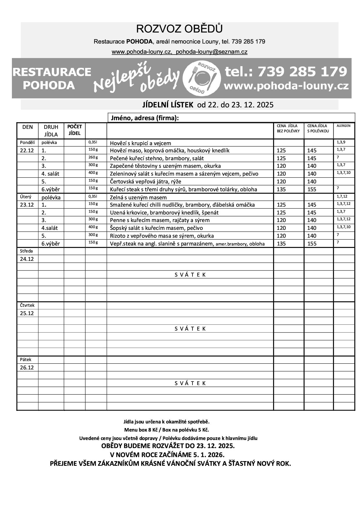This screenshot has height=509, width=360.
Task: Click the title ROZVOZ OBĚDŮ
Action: coord(179,29)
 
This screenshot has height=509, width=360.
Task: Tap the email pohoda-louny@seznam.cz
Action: coord(212,52)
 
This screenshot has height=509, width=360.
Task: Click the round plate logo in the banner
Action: coord(202,78)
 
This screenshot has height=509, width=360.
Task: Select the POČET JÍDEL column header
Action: coord(75,130)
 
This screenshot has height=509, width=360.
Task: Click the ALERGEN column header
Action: coord(343,126)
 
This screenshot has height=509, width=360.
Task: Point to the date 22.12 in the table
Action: coord(27,151)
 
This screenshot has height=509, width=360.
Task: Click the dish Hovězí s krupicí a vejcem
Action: coord(141,143)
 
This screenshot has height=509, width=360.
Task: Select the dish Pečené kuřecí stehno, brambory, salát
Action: coord(157,158)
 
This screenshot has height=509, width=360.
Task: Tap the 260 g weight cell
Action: coord(93,157)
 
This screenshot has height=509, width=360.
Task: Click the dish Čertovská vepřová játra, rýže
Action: coord(145,182)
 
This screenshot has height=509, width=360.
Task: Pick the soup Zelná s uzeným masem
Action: coord(138,198)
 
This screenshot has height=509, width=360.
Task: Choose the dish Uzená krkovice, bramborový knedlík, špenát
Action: coord(164,213)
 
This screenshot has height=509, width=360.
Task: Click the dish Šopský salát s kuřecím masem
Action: coord(156,228)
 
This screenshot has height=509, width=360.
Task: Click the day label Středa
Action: coord(26,251)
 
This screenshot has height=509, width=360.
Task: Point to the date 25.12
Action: coord(27,313)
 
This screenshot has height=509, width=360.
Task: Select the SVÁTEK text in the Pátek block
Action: coord(190,383)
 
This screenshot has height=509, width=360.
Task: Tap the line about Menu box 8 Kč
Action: coord(167,430)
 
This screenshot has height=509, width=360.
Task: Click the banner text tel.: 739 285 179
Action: coord(286,71)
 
